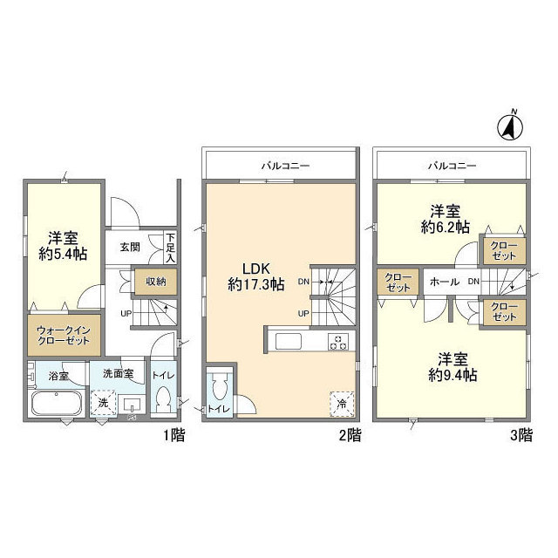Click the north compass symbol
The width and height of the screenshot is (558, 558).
coord(509,127)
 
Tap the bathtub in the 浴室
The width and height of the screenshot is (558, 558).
coord(57,403)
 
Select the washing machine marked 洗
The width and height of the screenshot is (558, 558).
coord(103,403)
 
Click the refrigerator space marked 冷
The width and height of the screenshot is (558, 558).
coord(342,404)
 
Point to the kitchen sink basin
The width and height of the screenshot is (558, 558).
coord(289,342)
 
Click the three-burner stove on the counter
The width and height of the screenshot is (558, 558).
coord(337,342)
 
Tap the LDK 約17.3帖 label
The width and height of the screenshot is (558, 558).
coord(255,276)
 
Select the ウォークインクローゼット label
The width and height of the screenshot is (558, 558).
coord(64,335)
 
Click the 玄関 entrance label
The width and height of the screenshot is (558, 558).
coord(130,247)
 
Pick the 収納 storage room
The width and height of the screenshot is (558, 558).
coord(156,282)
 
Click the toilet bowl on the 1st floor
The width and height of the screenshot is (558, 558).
coord(163,399)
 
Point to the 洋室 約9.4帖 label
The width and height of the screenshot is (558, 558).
coord(453,367)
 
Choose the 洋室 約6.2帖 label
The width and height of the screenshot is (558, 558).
coord(446,219)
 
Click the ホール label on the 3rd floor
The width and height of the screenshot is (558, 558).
coord(445,282)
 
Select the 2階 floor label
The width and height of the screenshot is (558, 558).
coord(350,435)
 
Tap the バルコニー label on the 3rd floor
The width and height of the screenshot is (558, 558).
coord(452,166)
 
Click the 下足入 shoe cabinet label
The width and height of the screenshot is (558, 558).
coord(171,248)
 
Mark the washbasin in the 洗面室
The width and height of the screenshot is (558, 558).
coord(132,405)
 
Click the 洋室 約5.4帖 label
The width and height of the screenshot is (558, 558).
coord(63,246)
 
